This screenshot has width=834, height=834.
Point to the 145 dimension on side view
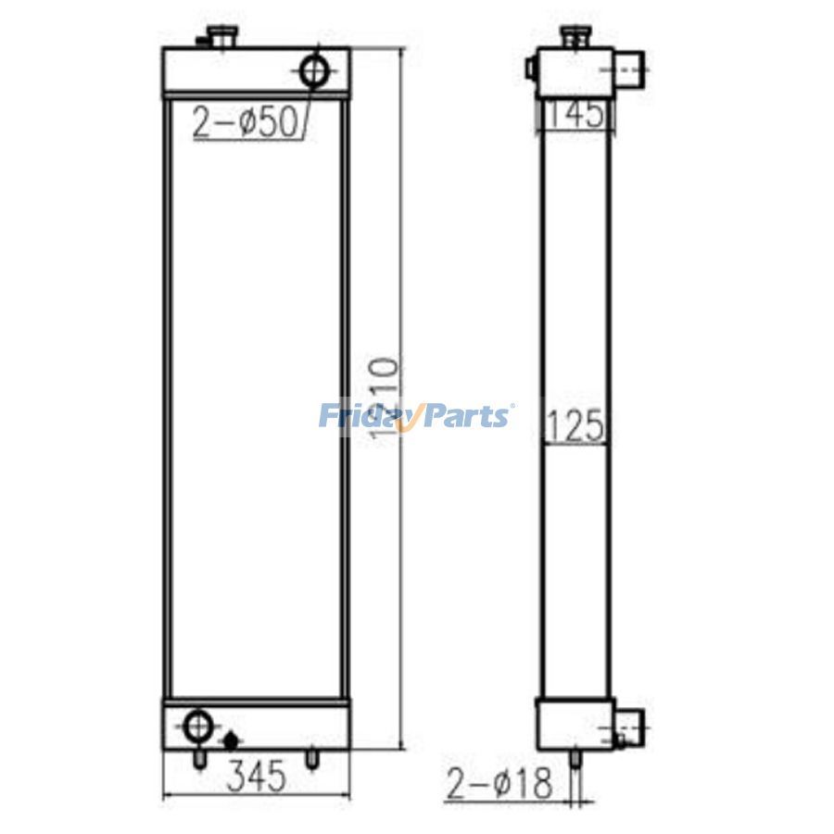(x=575, y=115)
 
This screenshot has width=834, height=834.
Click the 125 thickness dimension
(x=575, y=427)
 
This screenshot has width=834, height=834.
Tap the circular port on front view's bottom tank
(x=197, y=725)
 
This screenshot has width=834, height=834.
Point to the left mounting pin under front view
(x=197, y=758)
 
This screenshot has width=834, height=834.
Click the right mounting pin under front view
(x=312, y=758)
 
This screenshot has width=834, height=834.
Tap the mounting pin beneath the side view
(x=575, y=758)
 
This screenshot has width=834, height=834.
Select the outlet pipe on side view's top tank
(x=629, y=66)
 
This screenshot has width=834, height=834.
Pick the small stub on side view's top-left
(x=531, y=68)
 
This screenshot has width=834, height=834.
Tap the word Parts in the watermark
(x=466, y=415)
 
